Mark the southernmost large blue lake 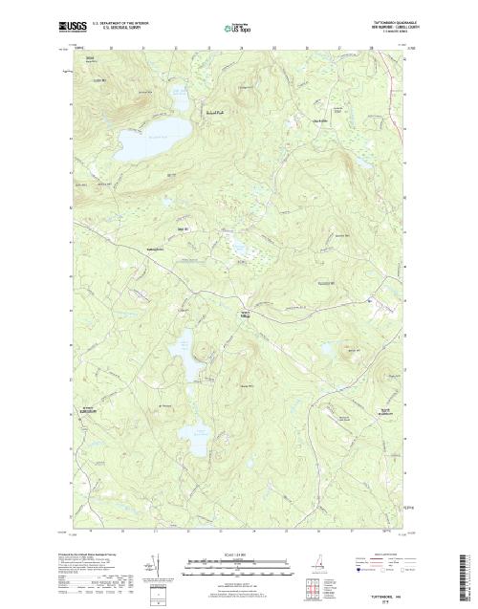[x=198, y=441]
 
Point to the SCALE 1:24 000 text [x=238, y=548]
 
